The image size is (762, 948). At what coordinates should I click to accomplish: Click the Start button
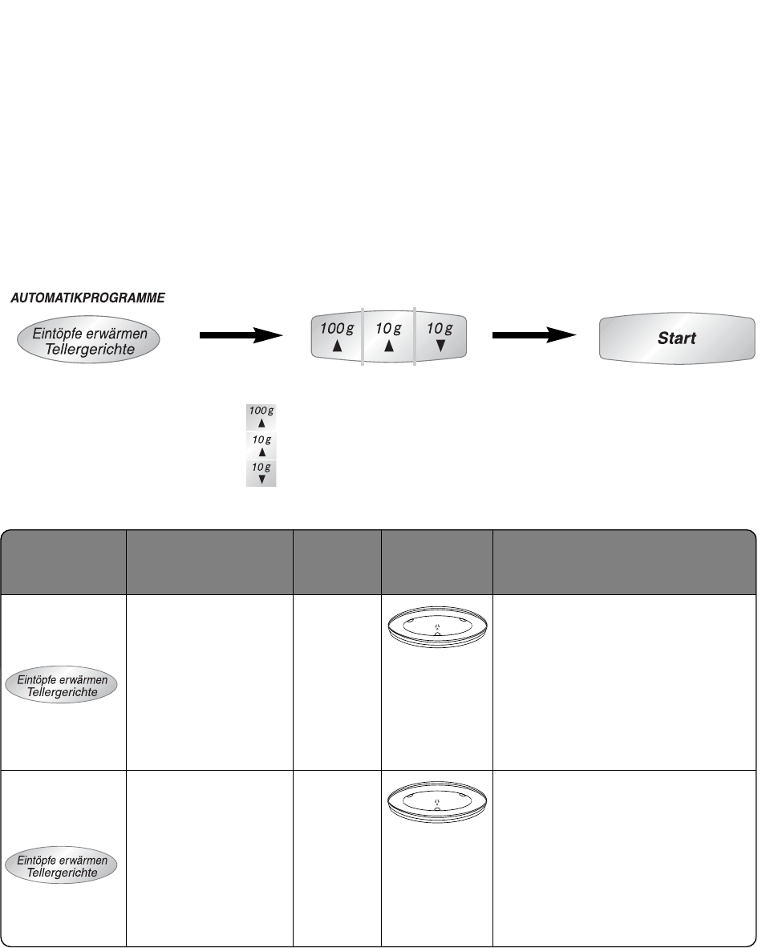[x=676, y=338]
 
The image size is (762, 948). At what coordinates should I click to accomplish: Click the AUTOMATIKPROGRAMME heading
[x=87, y=298]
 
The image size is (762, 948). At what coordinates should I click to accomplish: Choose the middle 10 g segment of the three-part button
[x=389, y=338]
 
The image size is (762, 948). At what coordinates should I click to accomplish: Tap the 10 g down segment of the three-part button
[x=440, y=338]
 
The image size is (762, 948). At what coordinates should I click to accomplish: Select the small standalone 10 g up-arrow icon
[x=261, y=445]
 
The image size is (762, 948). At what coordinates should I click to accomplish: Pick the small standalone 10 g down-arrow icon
[x=261, y=473]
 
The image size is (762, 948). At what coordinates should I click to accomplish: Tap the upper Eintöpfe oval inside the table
[x=63, y=687]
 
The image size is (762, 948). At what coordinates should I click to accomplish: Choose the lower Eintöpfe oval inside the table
[x=63, y=866]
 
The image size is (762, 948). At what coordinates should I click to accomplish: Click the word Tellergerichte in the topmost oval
[x=89, y=350]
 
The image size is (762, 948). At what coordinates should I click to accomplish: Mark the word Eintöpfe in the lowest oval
[x=39, y=861]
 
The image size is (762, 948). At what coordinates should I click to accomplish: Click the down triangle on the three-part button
[x=440, y=347]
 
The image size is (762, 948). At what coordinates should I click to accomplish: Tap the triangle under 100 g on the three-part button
[x=338, y=347]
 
